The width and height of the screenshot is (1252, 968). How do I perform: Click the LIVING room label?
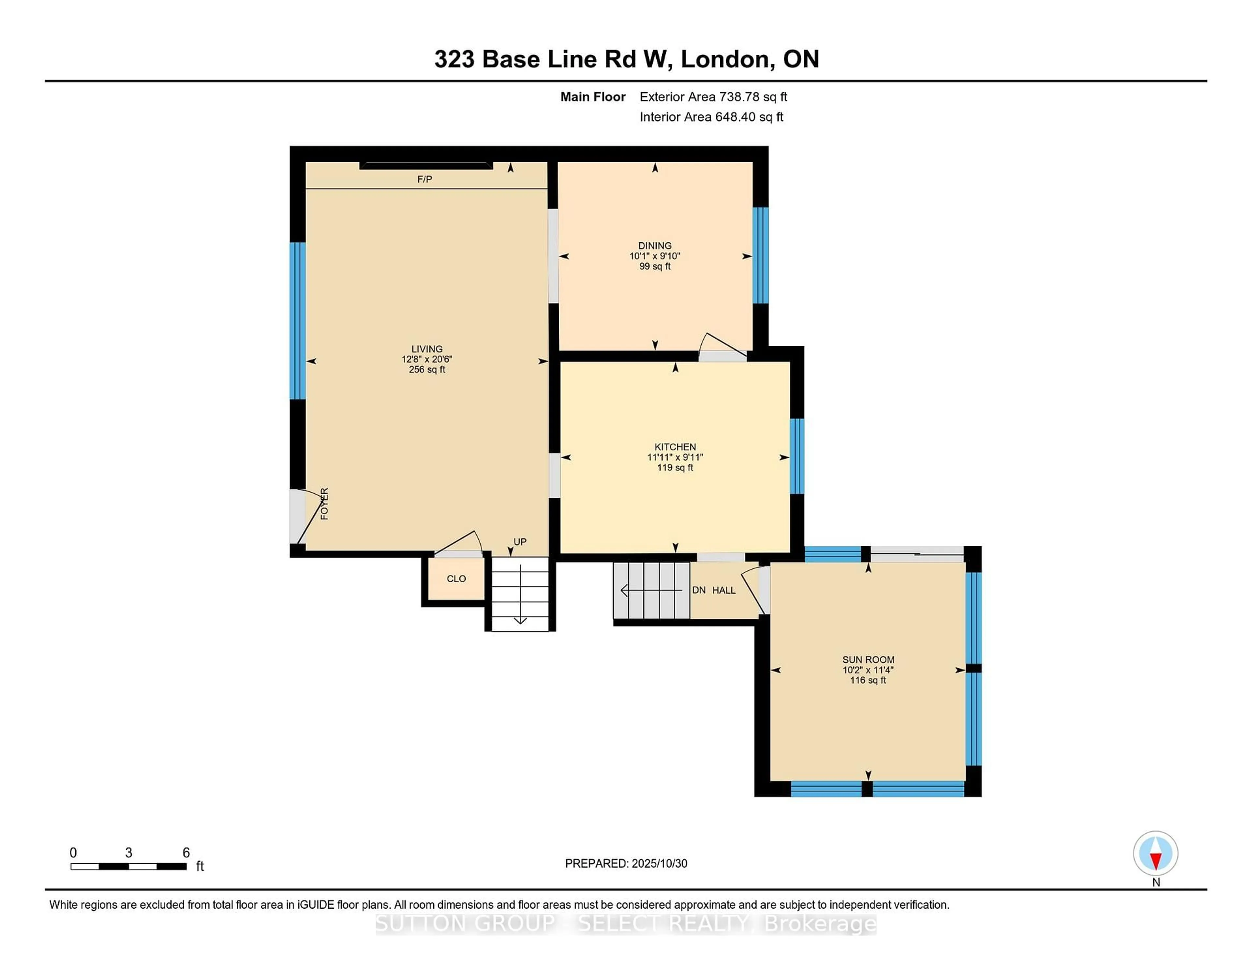point(426,349)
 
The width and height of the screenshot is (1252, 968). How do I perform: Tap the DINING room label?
point(655,246)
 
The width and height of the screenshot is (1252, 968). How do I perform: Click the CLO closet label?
point(456,579)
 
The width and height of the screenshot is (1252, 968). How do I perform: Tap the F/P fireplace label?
point(424,179)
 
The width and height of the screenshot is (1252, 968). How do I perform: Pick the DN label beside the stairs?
point(699,590)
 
